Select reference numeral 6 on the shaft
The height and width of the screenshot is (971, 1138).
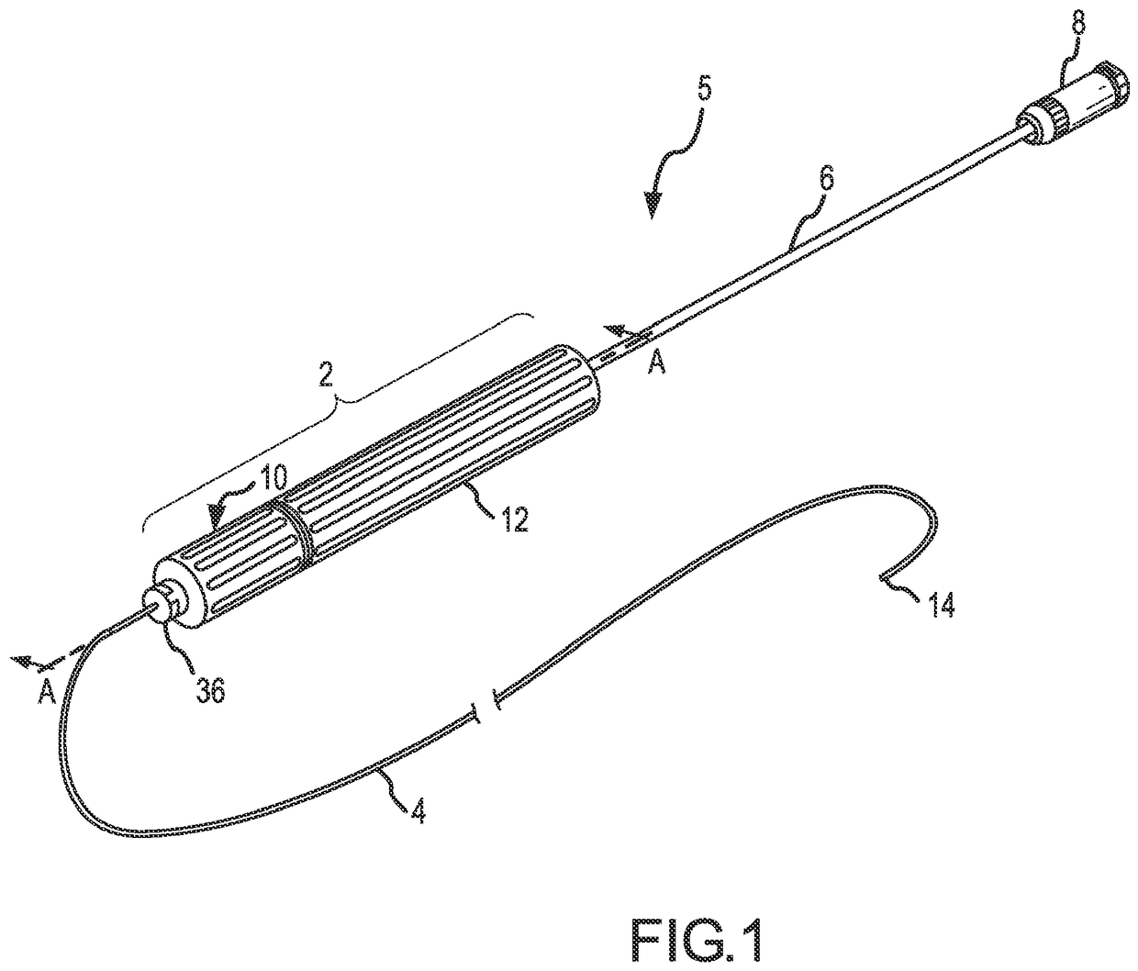click(x=826, y=179)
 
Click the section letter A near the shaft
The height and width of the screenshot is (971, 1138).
click(x=656, y=365)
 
